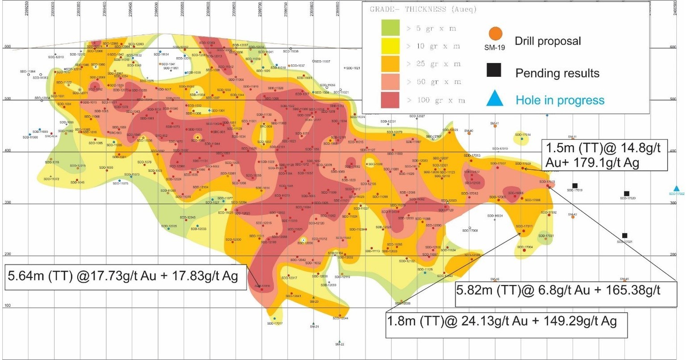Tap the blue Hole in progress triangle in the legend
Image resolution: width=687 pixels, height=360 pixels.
coord(495,98)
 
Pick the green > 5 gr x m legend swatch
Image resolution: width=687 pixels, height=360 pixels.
coord(390,28)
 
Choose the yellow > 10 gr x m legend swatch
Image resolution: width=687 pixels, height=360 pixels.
coord(390,46)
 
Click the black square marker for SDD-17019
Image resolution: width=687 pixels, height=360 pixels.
coord(575,185)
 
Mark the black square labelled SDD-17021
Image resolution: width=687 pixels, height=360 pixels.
coord(625,235)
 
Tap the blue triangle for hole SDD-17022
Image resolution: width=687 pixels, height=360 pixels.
coord(677,188)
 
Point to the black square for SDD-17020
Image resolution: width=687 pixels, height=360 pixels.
coord(627,193)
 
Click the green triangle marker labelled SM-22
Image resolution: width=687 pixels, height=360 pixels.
coord(339,341)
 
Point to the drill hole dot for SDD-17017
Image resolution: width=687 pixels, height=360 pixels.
coord(275,318)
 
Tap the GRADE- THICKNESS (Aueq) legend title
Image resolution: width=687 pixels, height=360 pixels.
coord(423,9)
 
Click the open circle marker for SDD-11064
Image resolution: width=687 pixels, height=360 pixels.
coord(29,75)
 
